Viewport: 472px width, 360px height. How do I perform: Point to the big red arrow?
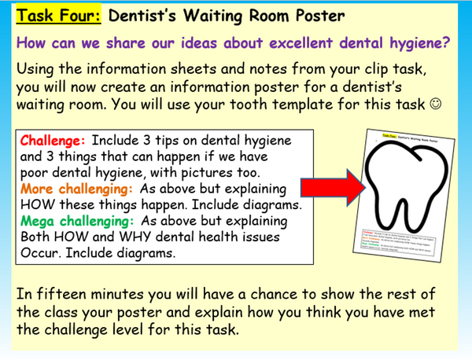click(328, 189)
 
